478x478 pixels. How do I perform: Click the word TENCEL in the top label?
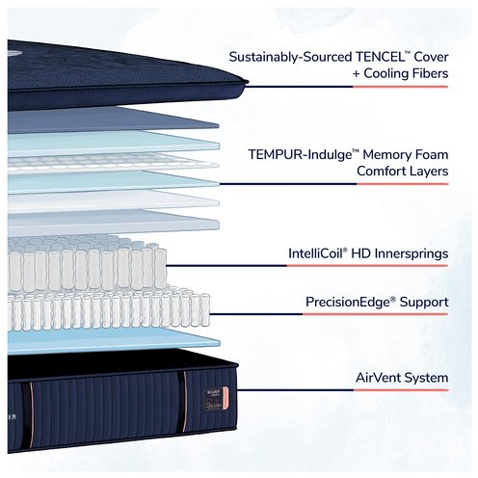[380, 57]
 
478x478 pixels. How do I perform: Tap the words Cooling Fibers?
[406, 73]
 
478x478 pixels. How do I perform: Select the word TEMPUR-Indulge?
[301, 155]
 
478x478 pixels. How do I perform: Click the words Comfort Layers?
[403, 172]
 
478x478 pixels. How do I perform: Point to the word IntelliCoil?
[316, 253]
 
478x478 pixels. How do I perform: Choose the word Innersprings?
[412, 254]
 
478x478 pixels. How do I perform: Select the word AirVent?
[378, 378]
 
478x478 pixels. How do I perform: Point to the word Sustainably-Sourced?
[291, 58]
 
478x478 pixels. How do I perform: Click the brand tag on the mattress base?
[216, 398]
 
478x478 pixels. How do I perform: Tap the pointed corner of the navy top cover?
[248, 82]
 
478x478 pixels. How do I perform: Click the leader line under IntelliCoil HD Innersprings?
[307, 266]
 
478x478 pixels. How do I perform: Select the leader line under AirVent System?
[342, 390]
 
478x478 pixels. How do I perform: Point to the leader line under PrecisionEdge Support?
[329, 314]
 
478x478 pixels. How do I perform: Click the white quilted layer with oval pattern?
[113, 163]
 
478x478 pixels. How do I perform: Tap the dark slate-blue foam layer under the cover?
[113, 120]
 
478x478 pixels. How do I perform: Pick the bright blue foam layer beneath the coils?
[114, 341]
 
